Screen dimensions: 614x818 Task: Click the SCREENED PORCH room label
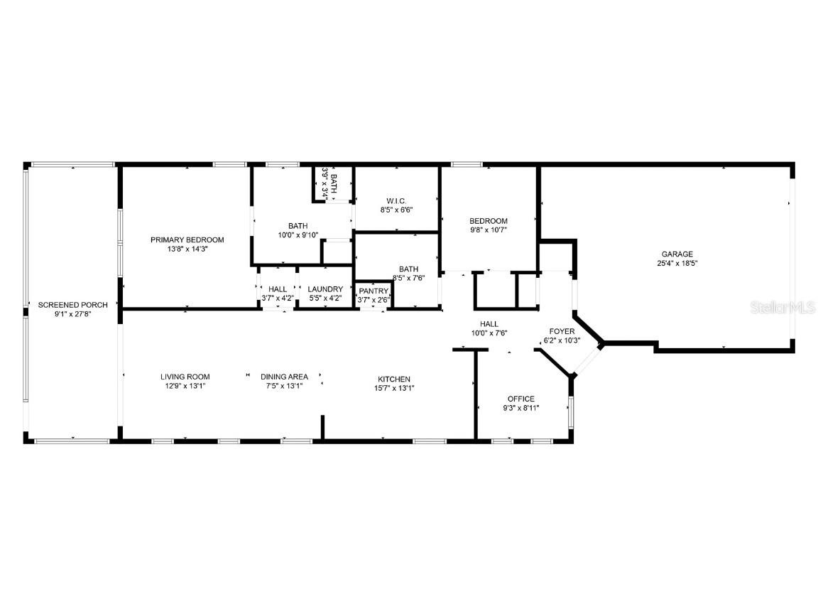coord(72,305)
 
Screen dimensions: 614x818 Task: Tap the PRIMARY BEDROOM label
coord(187,239)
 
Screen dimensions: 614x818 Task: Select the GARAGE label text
coord(677,254)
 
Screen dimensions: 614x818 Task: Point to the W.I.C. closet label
coord(396,200)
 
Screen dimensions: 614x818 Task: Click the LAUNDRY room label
coord(325,289)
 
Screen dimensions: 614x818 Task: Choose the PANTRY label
coord(373,291)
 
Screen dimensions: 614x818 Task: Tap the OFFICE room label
coord(520,399)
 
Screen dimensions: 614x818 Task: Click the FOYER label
coord(562,331)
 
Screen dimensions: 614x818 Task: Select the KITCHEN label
coord(393,379)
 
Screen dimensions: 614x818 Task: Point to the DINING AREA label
coord(284,377)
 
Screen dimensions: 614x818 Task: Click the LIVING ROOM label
coord(185,377)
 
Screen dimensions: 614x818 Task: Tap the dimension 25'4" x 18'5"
coord(677,263)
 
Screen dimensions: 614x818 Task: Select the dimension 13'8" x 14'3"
coord(187,249)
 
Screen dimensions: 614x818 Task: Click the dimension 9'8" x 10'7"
coord(489,230)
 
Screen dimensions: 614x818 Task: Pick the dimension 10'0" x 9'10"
coord(298,235)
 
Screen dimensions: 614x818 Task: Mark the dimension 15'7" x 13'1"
coord(393,388)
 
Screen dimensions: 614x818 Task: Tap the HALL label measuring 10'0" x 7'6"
coord(489,323)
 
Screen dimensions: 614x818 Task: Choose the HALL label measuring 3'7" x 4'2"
coord(278,289)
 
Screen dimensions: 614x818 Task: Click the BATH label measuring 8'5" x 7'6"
coord(408,269)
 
